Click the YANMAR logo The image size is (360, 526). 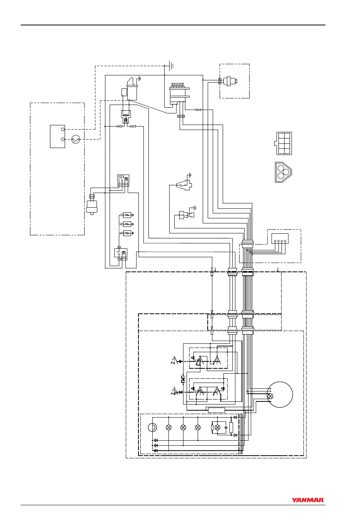point(308,500)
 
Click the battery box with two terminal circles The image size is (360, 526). point(57,136)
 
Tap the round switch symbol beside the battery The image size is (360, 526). point(75,140)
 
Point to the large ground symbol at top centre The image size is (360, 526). point(170,66)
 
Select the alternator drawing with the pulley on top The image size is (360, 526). point(178,92)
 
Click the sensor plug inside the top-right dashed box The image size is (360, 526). point(230,81)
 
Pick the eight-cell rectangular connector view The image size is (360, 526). point(284,143)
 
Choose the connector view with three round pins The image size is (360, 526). point(283,171)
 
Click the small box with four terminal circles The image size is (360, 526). point(280,238)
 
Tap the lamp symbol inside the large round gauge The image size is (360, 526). point(270,396)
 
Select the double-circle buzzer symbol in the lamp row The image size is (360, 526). point(153,427)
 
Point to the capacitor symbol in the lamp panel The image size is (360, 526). point(226,428)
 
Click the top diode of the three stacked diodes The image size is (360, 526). point(156,440)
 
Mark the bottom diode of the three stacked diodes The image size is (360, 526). point(156,450)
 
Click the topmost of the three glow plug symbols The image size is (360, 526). point(127,215)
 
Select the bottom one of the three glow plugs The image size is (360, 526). point(127,233)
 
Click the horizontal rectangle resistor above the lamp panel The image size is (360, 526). point(216,410)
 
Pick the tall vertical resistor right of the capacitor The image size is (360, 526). point(231,428)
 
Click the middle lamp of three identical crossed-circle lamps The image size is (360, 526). point(183,427)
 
